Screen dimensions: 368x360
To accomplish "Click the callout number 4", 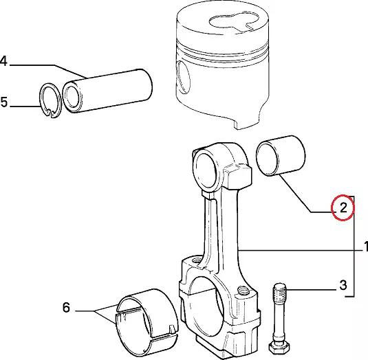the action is pos(4,61).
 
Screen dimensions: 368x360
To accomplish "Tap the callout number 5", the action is pos(4,102).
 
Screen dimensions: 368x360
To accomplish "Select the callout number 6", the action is pos(66,307).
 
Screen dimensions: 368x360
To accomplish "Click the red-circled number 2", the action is pos(343,207).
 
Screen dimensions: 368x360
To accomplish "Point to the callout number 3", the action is pos(343,285).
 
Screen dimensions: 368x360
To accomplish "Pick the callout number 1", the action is pos(366,247).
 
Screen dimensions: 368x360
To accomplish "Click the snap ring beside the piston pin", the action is pos(50,100).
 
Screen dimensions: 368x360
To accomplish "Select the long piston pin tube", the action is pos(107,91).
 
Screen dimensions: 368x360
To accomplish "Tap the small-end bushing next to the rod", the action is pos(281,155).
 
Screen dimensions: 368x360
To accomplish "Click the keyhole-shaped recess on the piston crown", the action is pos(234,22).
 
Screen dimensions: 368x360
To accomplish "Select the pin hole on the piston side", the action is pos(183,78).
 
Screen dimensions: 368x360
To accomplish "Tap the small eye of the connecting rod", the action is pos(206,168).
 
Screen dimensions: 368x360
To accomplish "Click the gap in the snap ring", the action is pos(51,114).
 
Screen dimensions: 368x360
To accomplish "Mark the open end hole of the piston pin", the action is pos(72,97).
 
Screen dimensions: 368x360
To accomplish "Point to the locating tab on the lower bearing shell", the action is pos(172,328).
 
